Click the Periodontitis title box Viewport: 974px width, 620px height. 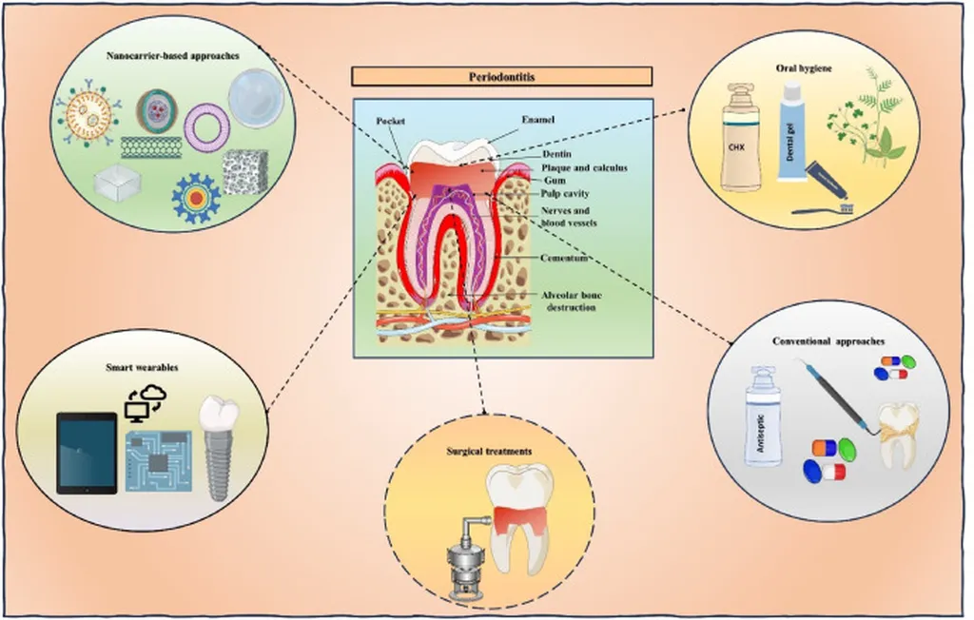pyautogui.click(x=502, y=77)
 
